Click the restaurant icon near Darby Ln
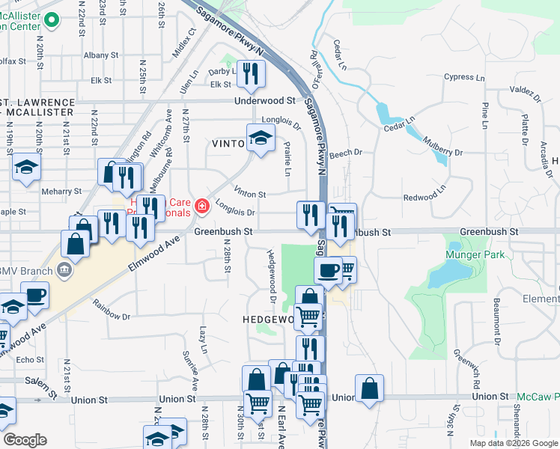[251, 73]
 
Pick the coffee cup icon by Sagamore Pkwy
[328, 269]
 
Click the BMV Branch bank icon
[64, 269]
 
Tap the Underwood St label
[265, 100]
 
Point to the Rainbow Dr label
[112, 310]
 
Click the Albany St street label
[97, 55]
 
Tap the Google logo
[25, 440]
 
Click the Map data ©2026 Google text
[514, 443]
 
